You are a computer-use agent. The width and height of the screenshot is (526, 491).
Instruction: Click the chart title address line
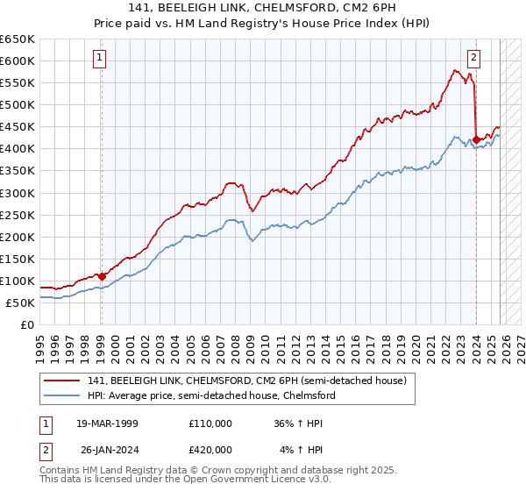pyautogui.click(x=263, y=9)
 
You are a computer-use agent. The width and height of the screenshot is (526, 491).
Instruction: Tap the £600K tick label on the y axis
pyautogui.click(x=18, y=60)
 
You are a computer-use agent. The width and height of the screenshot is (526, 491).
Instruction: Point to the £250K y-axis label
pyautogui.click(x=18, y=215)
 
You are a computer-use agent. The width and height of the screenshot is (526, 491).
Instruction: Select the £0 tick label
pyautogui.click(x=26, y=324)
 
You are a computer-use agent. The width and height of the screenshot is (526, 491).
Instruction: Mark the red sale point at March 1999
pyautogui.click(x=102, y=276)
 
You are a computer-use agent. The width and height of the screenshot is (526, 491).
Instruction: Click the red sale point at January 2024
pyautogui.click(x=476, y=139)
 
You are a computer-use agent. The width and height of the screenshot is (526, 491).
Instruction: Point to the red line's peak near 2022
pyautogui.click(x=458, y=70)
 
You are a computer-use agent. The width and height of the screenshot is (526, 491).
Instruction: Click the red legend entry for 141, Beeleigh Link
pyautogui.click(x=246, y=381)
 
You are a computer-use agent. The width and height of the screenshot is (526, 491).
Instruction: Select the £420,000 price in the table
pyautogui.click(x=210, y=450)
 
